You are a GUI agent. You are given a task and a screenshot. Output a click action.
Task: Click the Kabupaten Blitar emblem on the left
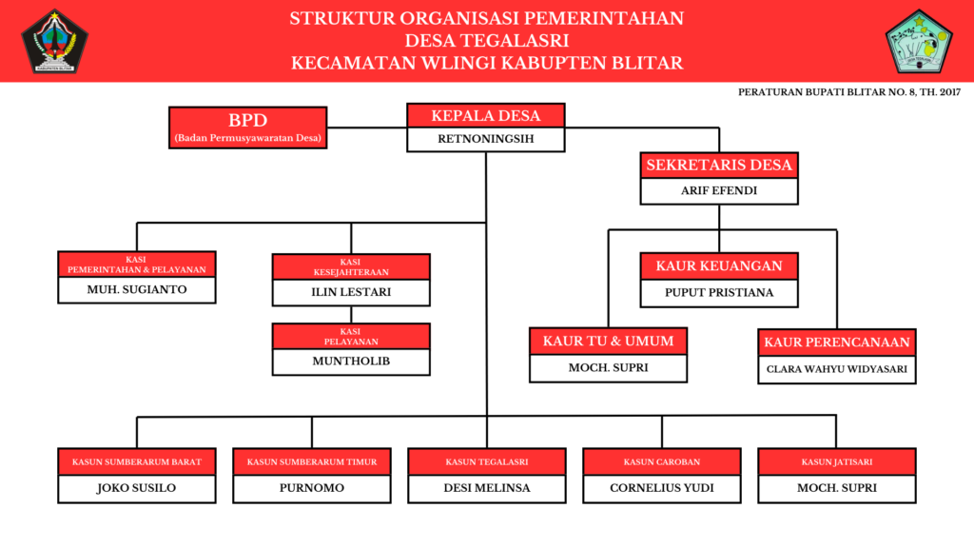(x=55, y=41)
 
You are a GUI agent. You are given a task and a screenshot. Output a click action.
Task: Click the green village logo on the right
(x=918, y=41)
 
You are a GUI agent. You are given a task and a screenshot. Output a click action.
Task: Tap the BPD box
(x=247, y=127)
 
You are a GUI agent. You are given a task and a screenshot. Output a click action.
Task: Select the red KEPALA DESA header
(x=486, y=116)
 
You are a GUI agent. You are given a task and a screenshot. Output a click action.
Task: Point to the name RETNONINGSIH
(x=486, y=140)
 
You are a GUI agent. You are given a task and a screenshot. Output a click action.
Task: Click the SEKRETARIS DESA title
(x=719, y=165)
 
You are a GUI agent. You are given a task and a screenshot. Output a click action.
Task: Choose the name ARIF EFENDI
(x=719, y=190)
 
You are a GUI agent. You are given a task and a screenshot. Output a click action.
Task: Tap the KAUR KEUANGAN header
(x=719, y=266)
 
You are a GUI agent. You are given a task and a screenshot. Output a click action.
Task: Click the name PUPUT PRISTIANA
(x=719, y=293)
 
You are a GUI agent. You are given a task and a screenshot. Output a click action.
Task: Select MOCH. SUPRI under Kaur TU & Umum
(x=608, y=367)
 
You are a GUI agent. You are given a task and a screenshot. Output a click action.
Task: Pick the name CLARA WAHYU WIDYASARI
(x=837, y=369)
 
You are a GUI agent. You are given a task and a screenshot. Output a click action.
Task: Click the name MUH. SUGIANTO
(x=137, y=289)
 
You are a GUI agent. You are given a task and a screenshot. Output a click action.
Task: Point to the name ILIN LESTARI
(x=351, y=292)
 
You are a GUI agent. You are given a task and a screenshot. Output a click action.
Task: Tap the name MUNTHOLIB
(x=351, y=362)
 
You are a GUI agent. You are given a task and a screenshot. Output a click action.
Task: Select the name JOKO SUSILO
(x=137, y=489)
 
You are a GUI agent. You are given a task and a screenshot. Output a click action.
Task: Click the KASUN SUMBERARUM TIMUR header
(x=312, y=462)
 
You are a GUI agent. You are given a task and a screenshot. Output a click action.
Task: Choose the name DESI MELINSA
(x=487, y=489)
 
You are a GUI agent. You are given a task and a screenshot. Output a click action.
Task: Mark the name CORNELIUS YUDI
(x=662, y=489)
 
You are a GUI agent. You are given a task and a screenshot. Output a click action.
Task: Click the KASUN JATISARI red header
(x=837, y=462)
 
